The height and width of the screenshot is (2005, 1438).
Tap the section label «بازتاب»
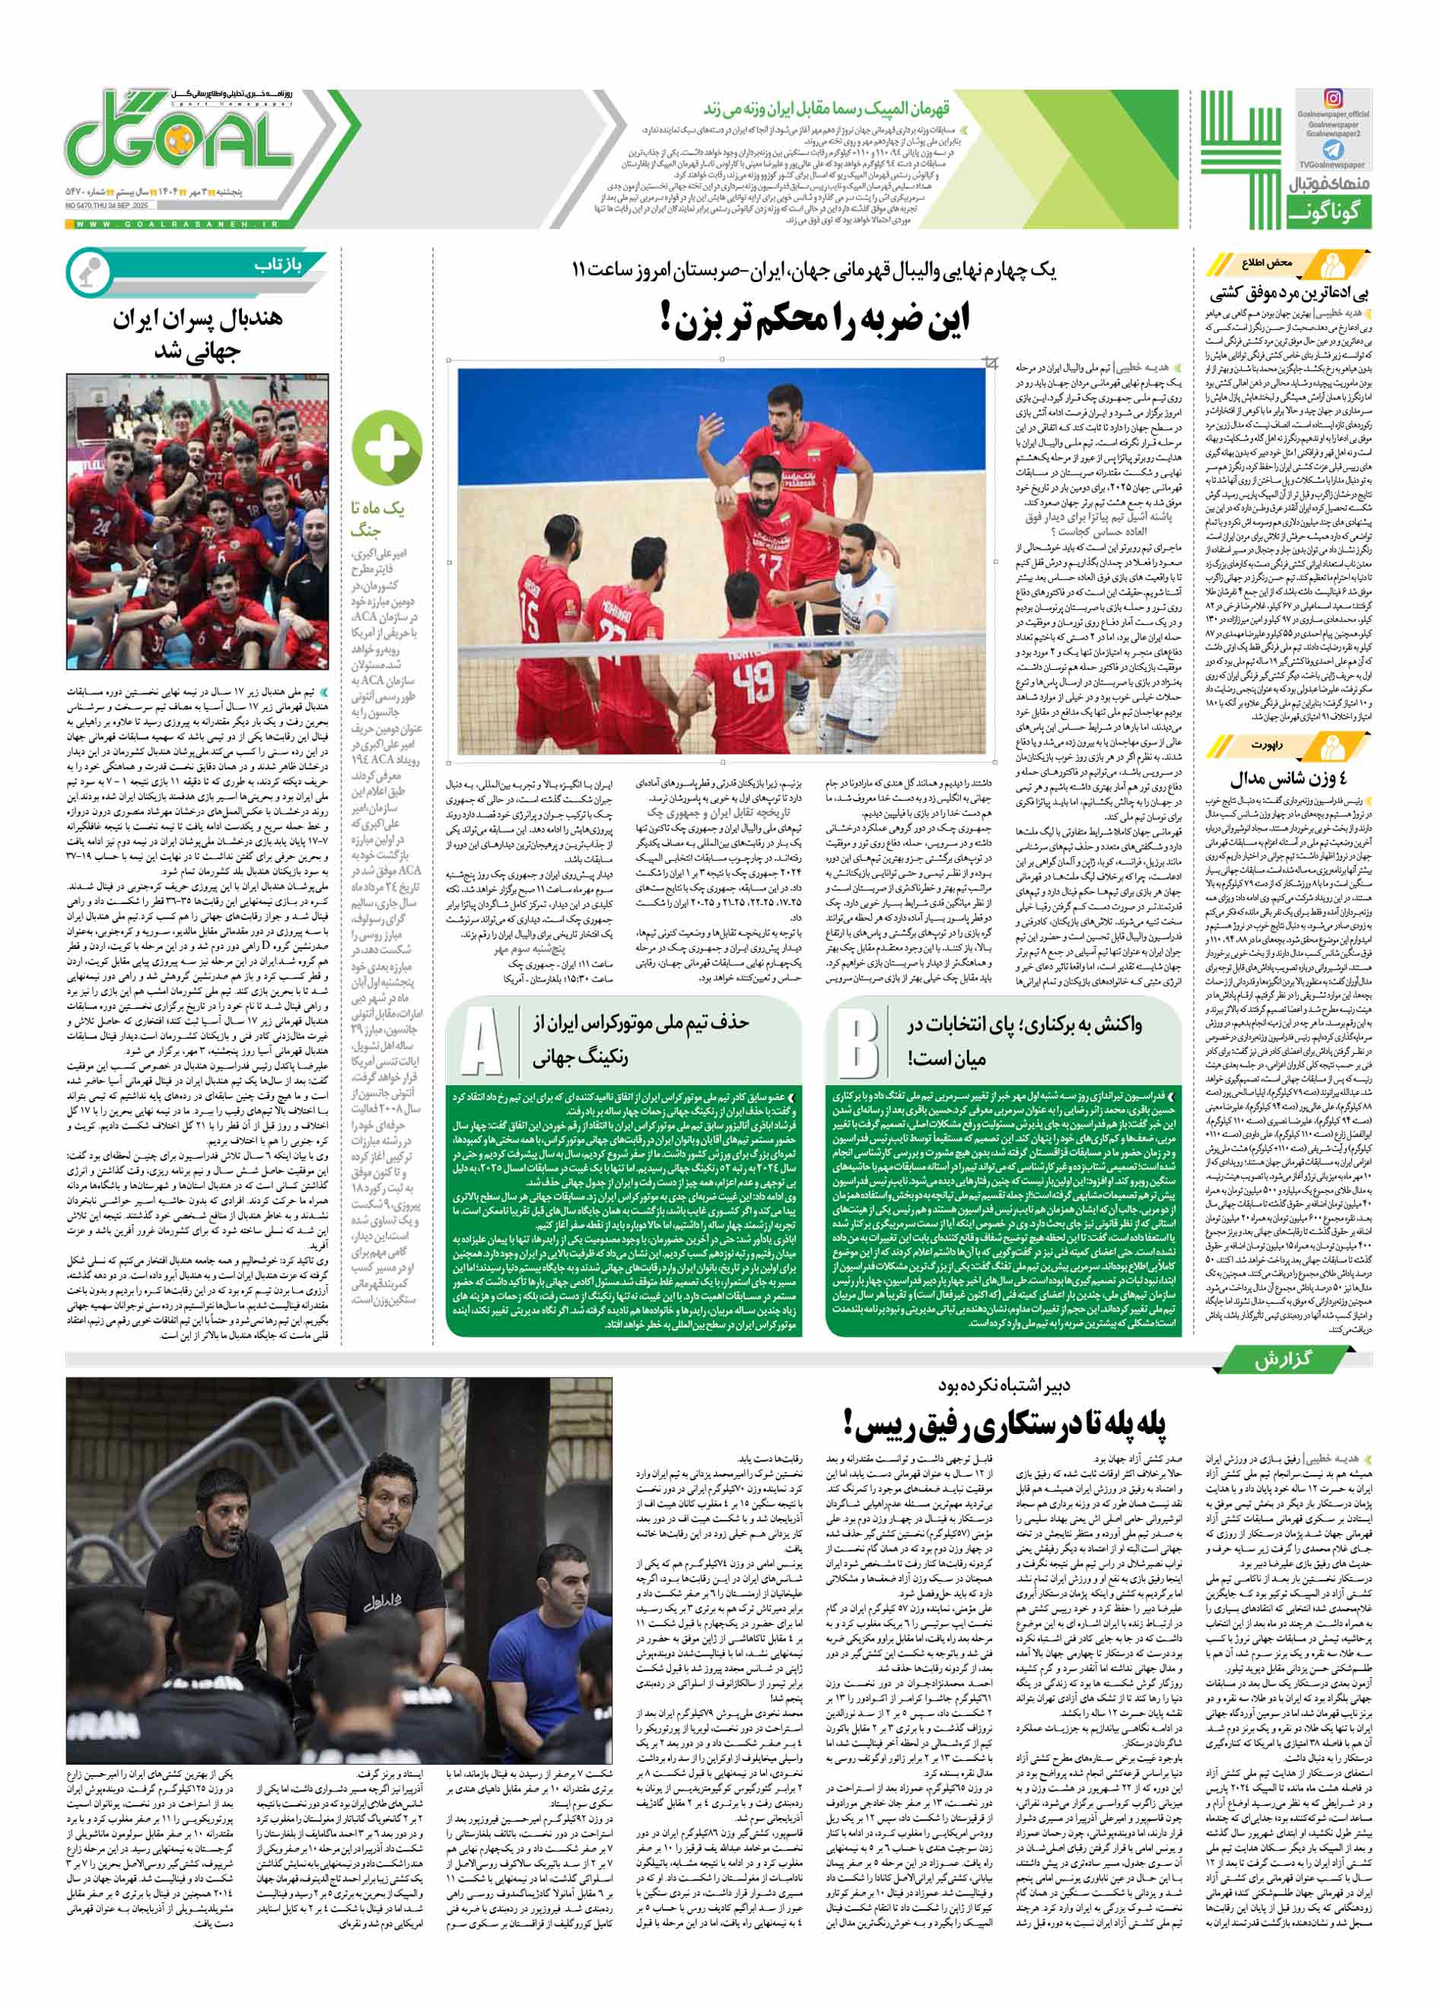click(278, 266)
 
